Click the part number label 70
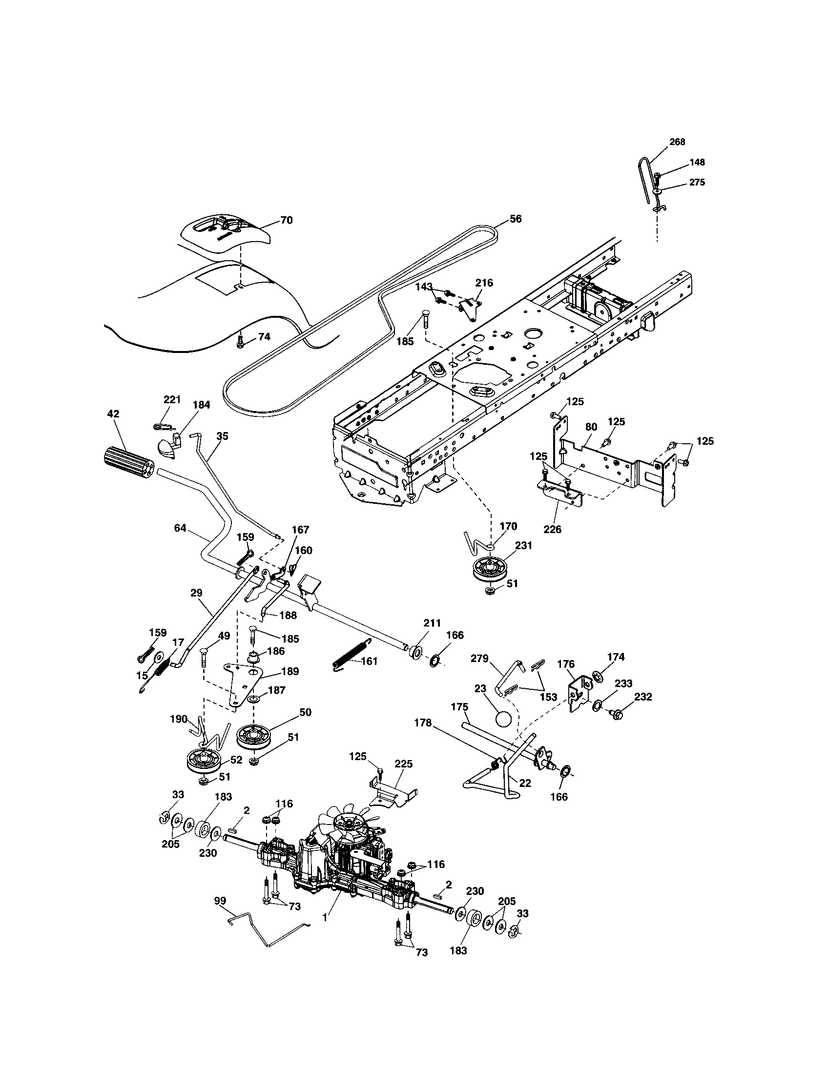coord(286,220)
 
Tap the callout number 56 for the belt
coord(515,219)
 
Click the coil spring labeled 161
coord(350,655)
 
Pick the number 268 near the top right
coord(677,142)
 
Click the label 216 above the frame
coord(484,283)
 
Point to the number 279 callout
coord(480,658)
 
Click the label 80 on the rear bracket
coord(591,427)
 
